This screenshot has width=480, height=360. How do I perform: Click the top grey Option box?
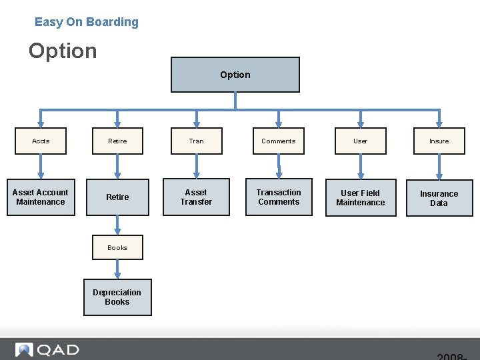pyautogui.click(x=235, y=75)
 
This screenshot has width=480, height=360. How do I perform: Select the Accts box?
pyautogui.click(x=41, y=141)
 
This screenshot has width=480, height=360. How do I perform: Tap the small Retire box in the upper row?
pyautogui.click(x=117, y=141)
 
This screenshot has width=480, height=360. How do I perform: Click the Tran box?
pyautogui.click(x=196, y=141)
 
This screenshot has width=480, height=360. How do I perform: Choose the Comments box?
pyautogui.click(x=278, y=141)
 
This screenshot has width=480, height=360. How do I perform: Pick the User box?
pyautogui.click(x=360, y=141)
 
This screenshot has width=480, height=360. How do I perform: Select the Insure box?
pyautogui.click(x=439, y=141)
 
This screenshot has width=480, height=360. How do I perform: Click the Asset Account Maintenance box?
pyautogui.click(x=41, y=197)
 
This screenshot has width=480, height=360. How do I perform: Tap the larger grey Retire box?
pyautogui.click(x=117, y=197)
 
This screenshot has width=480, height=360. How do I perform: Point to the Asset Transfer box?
pyautogui.click(x=196, y=197)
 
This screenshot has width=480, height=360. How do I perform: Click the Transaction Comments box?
pyautogui.click(x=279, y=197)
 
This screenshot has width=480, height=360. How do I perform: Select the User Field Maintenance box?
pyautogui.click(x=360, y=198)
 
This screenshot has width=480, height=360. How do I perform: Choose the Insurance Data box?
pyautogui.click(x=439, y=199)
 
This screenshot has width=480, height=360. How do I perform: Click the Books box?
pyautogui.click(x=117, y=247)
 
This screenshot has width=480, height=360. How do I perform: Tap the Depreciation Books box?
pyautogui.click(x=117, y=297)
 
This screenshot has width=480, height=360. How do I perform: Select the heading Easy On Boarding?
pyautogui.click(x=87, y=22)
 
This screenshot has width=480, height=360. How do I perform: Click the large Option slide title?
pyautogui.click(x=63, y=51)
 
